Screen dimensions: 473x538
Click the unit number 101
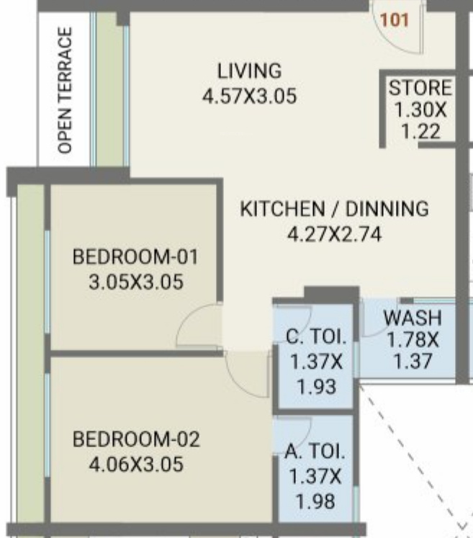(395, 20)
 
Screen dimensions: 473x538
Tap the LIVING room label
(250, 71)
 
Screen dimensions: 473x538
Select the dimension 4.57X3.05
(249, 96)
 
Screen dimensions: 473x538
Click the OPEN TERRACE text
(65, 90)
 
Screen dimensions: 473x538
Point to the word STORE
(420, 87)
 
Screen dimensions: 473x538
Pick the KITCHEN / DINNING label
(335, 209)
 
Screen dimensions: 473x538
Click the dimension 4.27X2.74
(335, 235)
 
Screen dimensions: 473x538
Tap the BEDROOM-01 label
(136, 256)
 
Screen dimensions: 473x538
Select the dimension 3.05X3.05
(136, 282)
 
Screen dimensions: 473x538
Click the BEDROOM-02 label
(136, 439)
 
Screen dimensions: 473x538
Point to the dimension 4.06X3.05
(136, 465)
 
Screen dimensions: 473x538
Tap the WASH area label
(413, 318)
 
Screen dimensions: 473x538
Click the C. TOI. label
(316, 336)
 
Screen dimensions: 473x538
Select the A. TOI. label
(315, 451)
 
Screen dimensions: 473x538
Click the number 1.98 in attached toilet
(315, 501)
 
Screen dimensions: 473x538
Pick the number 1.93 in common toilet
(316, 387)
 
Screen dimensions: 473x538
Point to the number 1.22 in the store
(420, 132)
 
